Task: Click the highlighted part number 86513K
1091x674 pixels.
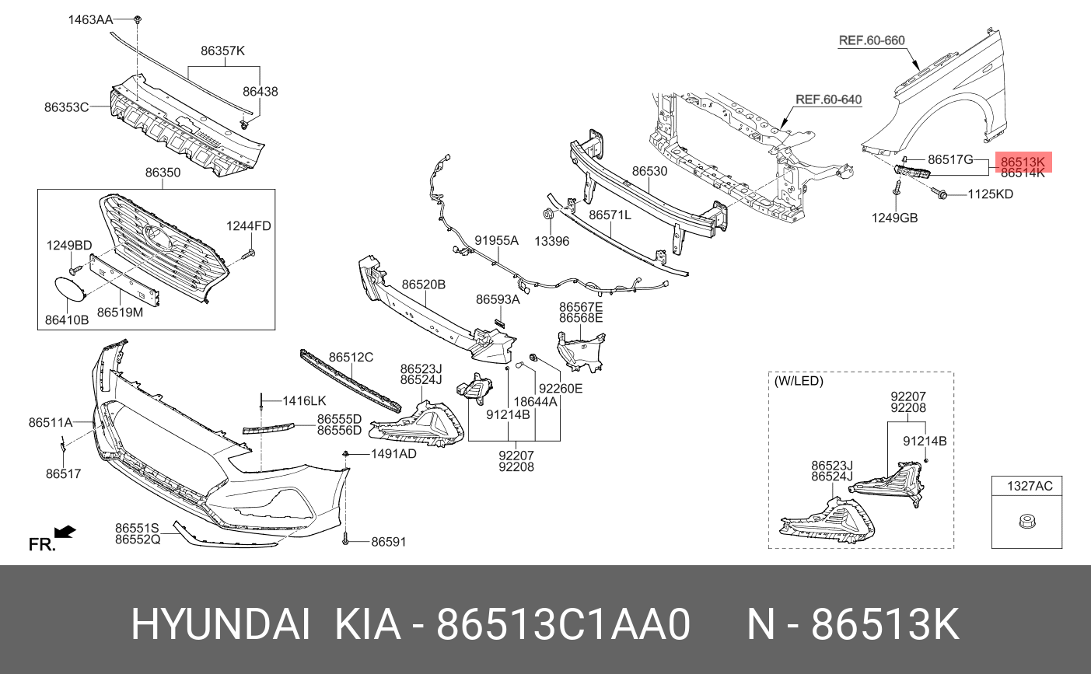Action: point(1022,162)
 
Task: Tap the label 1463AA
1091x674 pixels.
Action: point(90,19)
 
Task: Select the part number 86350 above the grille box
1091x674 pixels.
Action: point(163,173)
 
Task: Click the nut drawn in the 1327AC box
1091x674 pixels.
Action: point(1026,522)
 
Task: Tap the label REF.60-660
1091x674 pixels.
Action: point(871,40)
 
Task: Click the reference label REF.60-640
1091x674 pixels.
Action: point(828,100)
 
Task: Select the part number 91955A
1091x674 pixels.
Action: point(496,241)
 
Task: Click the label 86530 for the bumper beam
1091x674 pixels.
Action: point(649,171)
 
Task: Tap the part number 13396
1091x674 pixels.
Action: point(551,241)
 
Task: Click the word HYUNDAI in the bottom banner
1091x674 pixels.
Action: point(221,624)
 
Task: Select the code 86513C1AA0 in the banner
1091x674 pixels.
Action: point(563,624)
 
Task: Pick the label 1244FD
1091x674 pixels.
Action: point(248,226)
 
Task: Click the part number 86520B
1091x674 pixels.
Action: point(423,285)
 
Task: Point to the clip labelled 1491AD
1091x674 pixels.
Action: point(345,453)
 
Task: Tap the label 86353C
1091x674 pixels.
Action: point(66,107)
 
